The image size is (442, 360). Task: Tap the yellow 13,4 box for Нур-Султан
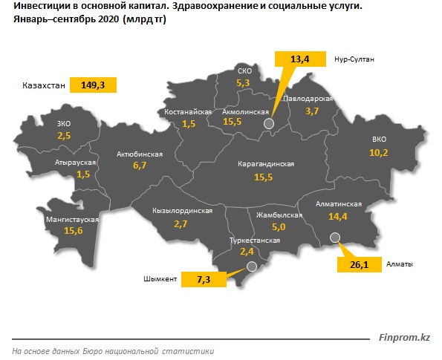[300, 59]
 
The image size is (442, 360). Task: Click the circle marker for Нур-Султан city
[268, 125]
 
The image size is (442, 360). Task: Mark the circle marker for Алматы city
[334, 238]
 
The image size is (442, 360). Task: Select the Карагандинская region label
[266, 163]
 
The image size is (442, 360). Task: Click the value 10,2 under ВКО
[379, 152]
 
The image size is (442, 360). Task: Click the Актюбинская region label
[140, 155]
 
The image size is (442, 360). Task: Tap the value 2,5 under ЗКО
[63, 136]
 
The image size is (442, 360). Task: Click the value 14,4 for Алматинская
[338, 216]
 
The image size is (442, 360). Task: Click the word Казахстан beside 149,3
[39, 86]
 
